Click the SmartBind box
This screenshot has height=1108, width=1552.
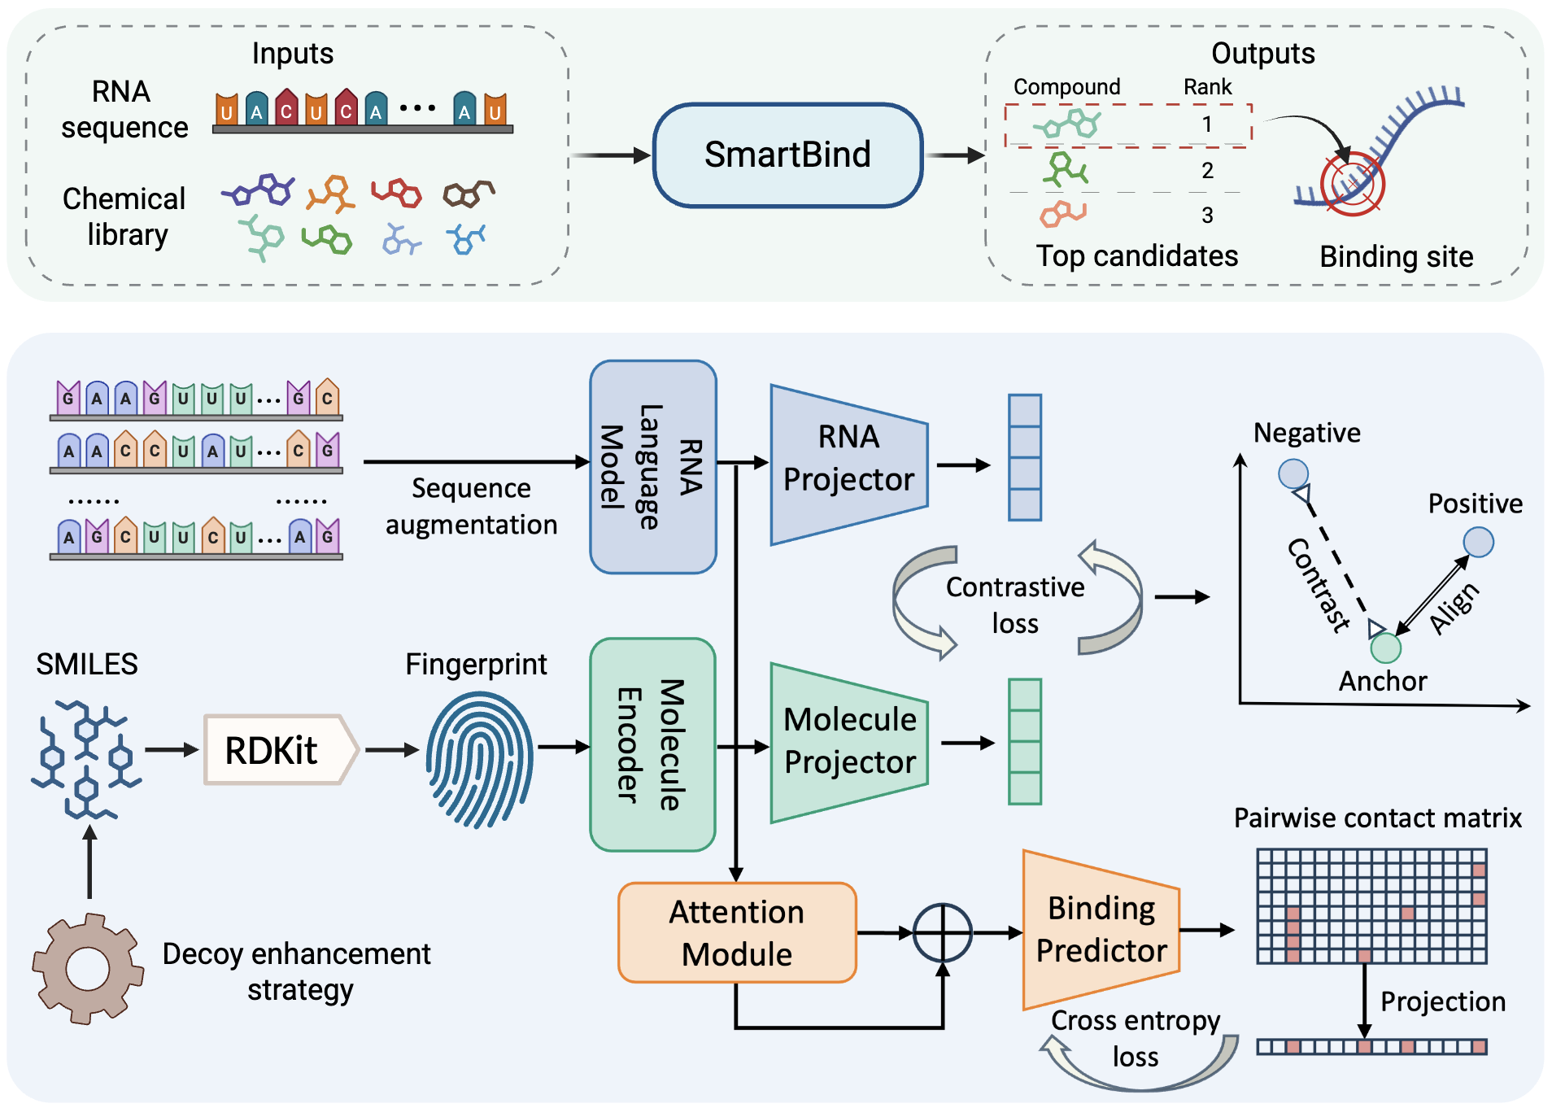tap(787, 155)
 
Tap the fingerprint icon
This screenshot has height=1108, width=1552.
tap(480, 759)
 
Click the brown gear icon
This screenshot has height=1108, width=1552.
tap(87, 968)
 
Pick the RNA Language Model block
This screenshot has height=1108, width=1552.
tap(652, 467)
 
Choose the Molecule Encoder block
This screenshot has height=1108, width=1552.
tap(652, 744)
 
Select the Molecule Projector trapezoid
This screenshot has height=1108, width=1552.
tap(848, 742)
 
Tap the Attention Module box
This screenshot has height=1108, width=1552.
tap(737, 932)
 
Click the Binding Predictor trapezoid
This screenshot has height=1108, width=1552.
tap(1101, 929)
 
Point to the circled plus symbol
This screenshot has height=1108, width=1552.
tap(942, 932)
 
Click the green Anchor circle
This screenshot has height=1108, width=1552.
tap(1385, 648)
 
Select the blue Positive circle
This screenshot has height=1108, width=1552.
tap(1478, 542)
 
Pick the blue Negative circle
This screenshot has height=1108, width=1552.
tap(1293, 473)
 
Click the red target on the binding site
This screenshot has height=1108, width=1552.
tap(1352, 185)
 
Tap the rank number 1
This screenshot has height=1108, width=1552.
tap(1207, 124)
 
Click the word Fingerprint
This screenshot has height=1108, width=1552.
tap(476, 665)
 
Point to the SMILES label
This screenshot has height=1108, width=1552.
tap(87, 665)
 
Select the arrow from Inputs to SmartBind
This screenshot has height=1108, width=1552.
tap(610, 155)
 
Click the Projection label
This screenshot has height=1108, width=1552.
tap(1442, 1001)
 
